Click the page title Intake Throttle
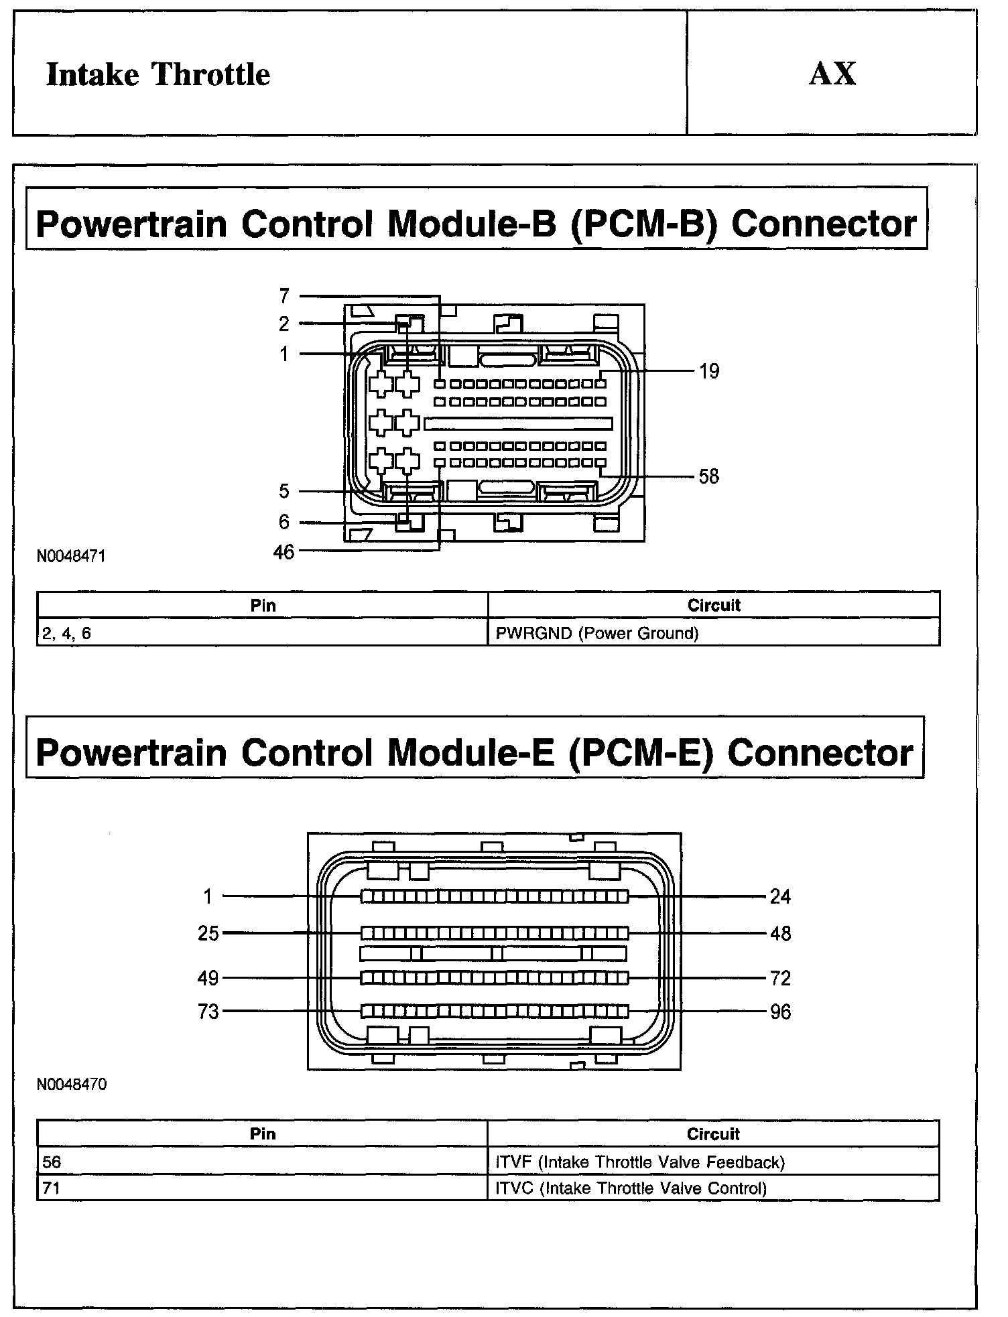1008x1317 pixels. (158, 74)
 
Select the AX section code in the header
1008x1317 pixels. (832, 74)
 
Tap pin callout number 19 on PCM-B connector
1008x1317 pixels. (709, 371)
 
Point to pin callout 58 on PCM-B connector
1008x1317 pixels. (708, 476)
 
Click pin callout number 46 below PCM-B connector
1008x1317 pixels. (283, 552)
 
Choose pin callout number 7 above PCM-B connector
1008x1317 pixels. (284, 295)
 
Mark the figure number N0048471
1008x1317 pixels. (71, 556)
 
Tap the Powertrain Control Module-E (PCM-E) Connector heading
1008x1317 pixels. (475, 752)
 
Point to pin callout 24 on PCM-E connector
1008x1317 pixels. (780, 896)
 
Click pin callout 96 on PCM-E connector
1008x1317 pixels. (780, 1012)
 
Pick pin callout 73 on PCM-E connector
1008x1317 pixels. (208, 1012)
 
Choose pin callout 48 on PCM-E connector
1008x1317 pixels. (781, 933)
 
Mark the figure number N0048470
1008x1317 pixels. (71, 1085)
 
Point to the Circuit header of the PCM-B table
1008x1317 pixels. (714, 605)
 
